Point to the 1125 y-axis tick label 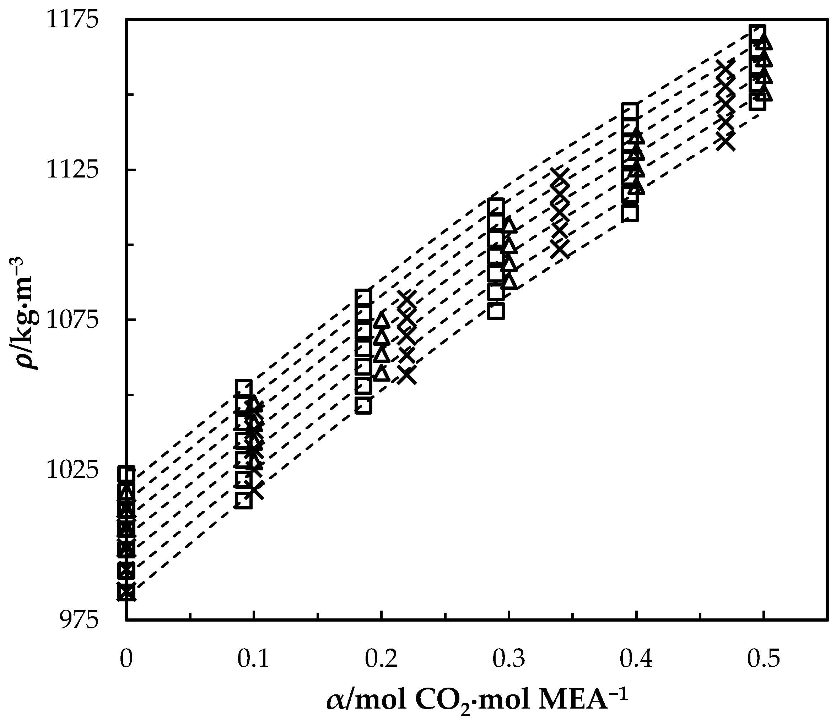72,170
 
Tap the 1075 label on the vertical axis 72,320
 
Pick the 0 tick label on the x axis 126,659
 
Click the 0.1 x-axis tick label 253,659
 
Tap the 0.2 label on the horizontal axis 381,659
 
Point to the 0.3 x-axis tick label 508,659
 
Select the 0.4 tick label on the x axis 636,659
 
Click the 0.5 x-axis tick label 764,659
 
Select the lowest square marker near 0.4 630,213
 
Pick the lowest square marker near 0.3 496,311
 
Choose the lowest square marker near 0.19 363,406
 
